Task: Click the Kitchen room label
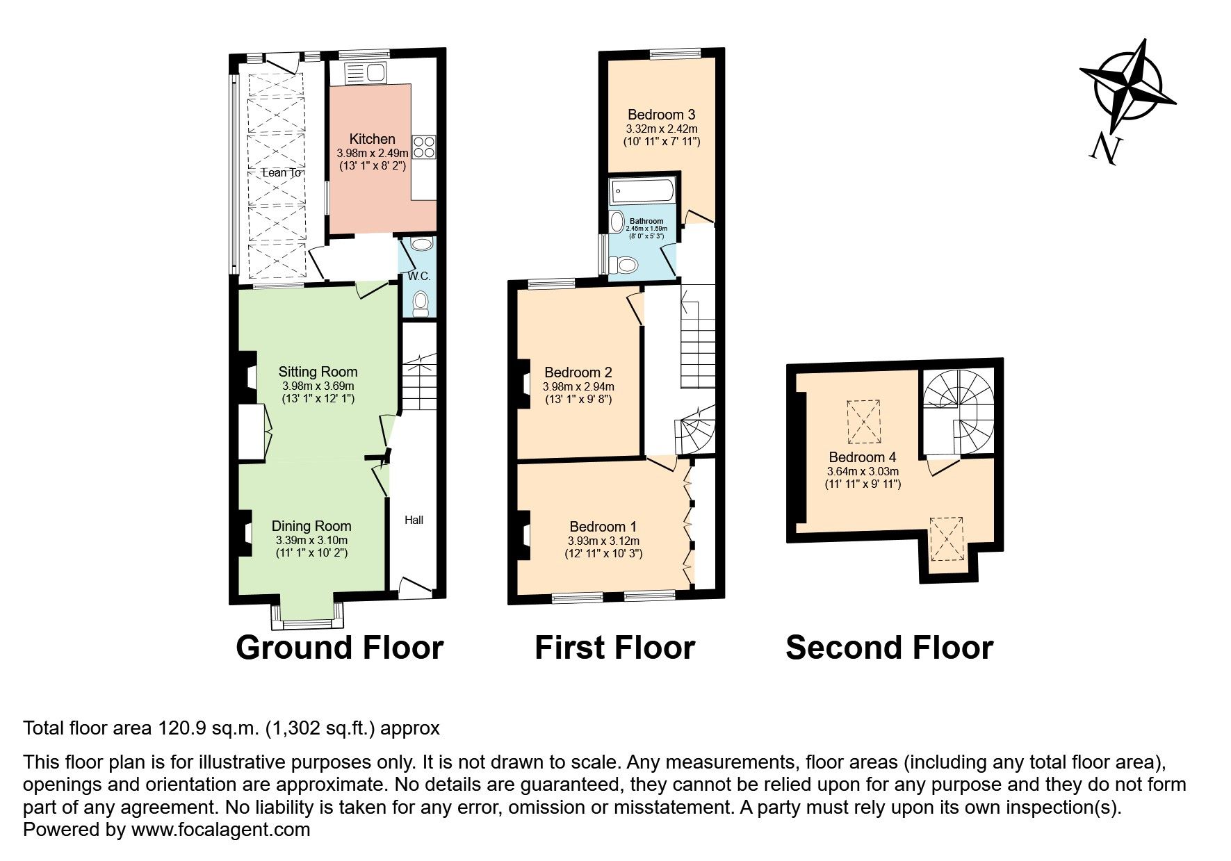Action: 372,139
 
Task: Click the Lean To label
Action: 282,172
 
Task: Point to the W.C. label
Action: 419,276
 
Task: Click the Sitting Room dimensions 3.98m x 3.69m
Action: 318,386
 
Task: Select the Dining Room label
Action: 311,526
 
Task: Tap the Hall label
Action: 414,520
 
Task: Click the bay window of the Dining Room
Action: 307,616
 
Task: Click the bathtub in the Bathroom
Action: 641,190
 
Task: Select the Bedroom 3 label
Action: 661,115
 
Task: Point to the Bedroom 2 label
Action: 578,372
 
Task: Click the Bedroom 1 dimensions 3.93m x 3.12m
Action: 603,541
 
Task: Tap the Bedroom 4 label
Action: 862,457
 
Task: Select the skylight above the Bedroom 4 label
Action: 864,422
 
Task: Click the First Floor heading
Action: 614,648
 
